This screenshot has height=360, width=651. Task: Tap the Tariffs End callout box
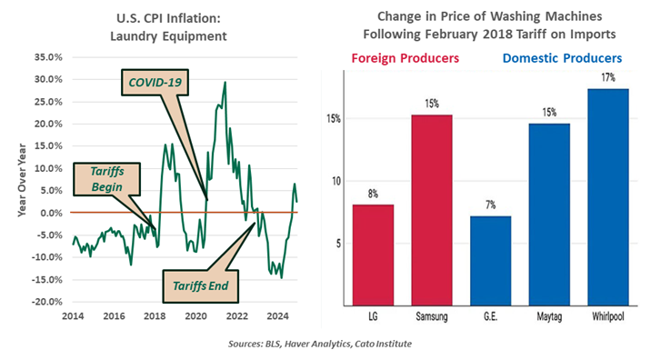(x=199, y=284)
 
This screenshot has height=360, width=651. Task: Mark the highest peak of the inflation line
(x=225, y=83)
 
